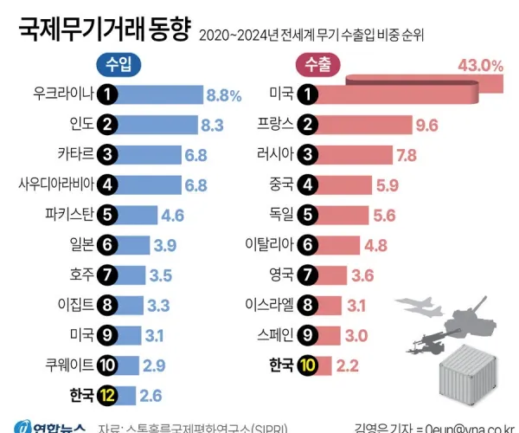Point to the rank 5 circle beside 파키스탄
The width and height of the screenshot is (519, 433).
coord(107,215)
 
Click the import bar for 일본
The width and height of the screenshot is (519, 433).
coord(133,245)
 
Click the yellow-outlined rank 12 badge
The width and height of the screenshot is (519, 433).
coord(107,395)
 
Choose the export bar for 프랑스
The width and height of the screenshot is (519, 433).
coord(364,125)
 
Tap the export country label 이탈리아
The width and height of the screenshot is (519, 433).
coord(266,245)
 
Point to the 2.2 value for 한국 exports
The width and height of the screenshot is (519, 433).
coord(348,365)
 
